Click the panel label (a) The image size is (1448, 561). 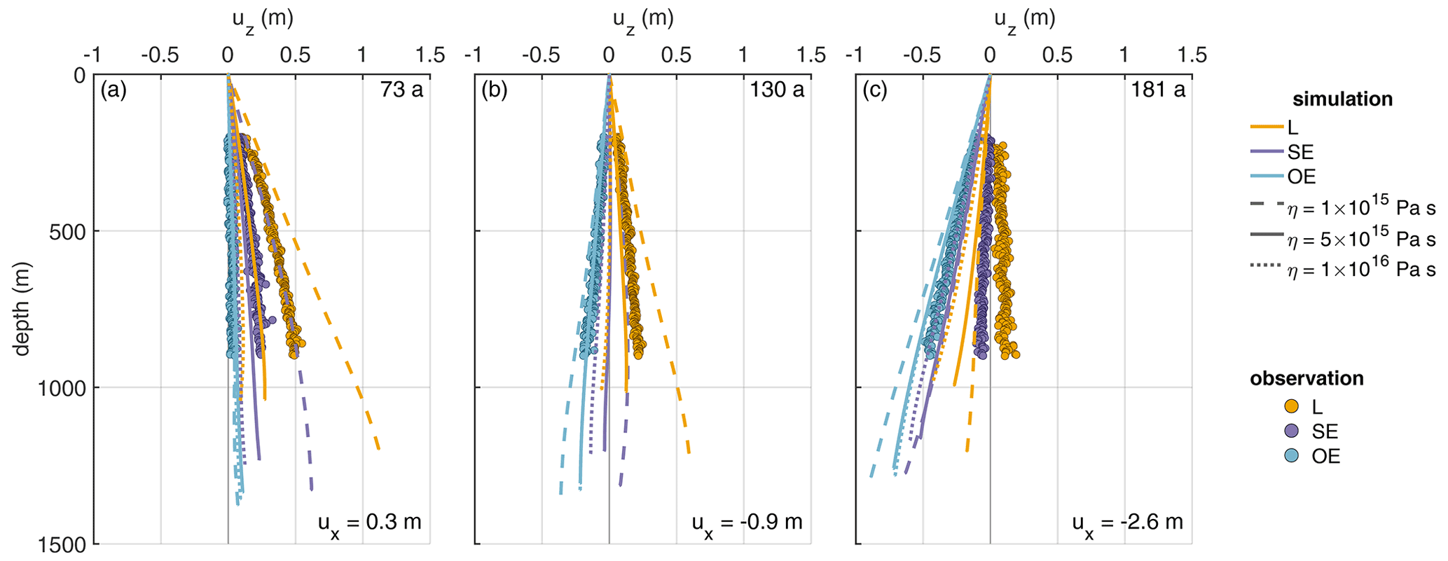[113, 90]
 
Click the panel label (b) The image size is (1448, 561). [495, 90]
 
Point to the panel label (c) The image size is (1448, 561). [876, 90]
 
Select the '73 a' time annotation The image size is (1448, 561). [402, 90]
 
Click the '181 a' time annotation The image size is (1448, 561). [1158, 90]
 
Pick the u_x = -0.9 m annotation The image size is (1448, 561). [747, 523]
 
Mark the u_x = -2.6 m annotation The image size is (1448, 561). [1128, 523]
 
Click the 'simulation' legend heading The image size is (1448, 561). [1342, 99]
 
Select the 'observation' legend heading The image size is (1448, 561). [1306, 379]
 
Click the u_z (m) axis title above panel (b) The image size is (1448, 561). [642, 19]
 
